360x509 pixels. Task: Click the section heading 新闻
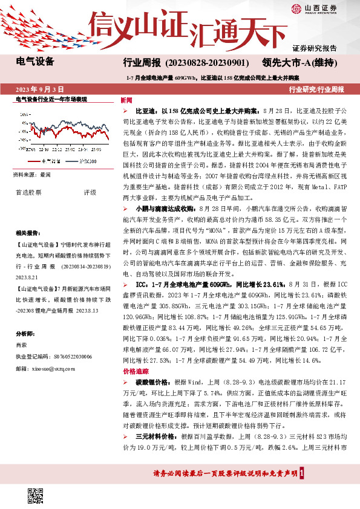click(x=126, y=100)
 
